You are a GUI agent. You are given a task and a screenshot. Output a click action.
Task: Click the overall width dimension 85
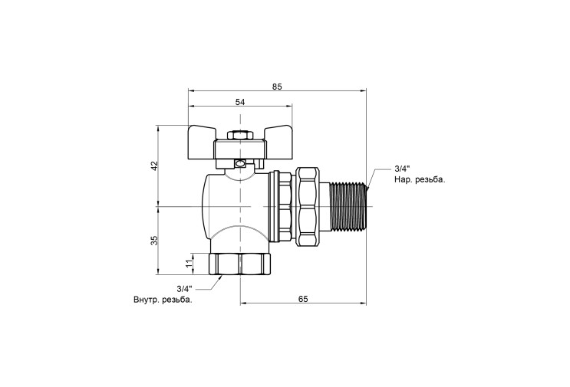point(277,87)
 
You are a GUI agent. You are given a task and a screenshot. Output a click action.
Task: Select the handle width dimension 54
point(240,102)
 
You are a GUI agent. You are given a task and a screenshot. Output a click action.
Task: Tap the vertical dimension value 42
point(155,166)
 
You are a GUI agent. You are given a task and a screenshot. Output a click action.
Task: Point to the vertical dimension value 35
point(155,241)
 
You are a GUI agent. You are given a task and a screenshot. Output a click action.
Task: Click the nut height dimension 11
point(189,264)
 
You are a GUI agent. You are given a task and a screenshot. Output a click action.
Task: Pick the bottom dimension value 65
point(303,299)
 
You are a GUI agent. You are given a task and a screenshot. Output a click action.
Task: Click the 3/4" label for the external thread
point(402,169)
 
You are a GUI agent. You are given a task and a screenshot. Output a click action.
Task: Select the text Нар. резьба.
point(420,179)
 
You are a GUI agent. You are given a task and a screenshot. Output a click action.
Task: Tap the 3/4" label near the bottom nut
point(184,289)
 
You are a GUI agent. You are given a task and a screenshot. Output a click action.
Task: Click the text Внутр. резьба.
point(163,300)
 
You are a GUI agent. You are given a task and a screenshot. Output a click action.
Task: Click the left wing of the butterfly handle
point(201,143)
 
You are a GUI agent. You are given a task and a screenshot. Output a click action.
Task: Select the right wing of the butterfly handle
point(278,143)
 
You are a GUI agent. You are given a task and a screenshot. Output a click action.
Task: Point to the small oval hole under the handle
point(240,164)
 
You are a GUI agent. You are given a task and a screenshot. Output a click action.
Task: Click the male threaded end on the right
point(348,206)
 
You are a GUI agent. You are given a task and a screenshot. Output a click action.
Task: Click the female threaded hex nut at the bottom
point(240,264)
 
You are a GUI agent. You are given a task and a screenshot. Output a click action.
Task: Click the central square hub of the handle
point(240,149)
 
